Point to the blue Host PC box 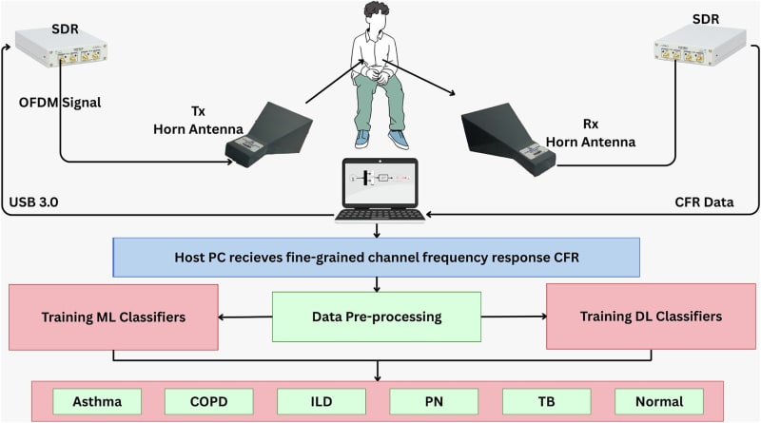(x=376, y=257)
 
